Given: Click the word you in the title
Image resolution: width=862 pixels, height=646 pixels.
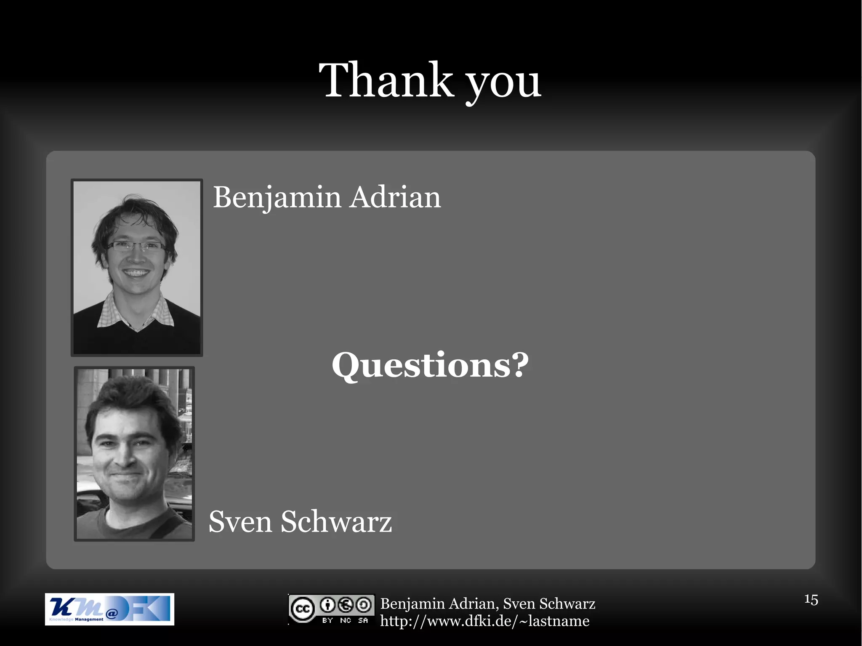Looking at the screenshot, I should point(503,84).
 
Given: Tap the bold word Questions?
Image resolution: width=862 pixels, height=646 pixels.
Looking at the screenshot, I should point(430,365).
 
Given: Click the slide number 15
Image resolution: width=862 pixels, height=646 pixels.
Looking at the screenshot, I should point(811,599).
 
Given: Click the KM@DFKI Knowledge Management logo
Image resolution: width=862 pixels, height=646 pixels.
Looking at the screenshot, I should point(109,609).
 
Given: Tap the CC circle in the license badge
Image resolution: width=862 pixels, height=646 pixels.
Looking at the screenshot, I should point(302,609).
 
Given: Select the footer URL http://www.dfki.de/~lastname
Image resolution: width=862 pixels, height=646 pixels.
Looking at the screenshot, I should point(484,621).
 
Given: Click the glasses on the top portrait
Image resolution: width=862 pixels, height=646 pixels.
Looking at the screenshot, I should point(136,247).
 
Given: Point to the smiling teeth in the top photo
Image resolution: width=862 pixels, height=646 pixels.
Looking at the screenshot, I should point(136,273).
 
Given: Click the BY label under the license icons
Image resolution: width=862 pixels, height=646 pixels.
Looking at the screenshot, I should point(327,620).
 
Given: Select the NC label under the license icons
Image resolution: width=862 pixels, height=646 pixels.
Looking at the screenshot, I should point(345,620).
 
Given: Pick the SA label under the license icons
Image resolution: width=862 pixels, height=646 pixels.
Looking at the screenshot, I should point(363,620).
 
